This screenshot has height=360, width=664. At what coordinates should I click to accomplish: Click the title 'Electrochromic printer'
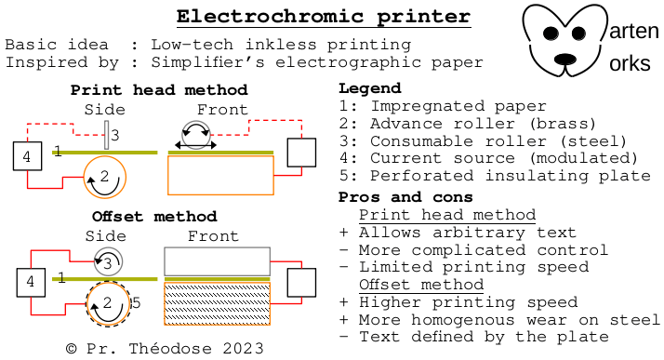point(324,17)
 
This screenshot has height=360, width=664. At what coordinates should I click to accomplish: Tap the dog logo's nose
point(565,59)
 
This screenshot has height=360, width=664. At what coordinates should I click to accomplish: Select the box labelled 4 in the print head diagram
point(28,156)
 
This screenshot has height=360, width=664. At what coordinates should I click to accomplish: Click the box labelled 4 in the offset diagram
point(31,283)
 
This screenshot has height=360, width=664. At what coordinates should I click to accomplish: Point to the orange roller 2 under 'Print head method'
point(104,177)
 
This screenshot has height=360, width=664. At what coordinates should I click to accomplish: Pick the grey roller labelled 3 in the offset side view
point(108,262)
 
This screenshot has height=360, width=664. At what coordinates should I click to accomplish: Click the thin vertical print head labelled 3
point(106,135)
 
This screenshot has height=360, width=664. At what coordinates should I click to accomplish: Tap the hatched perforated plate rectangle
point(218,304)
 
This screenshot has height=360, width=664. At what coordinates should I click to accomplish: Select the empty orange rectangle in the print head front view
point(220,175)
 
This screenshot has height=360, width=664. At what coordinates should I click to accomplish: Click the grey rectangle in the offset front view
point(218,261)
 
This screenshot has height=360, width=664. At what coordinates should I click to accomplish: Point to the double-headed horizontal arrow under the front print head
point(195,145)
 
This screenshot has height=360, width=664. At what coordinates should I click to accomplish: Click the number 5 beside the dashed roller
point(136,303)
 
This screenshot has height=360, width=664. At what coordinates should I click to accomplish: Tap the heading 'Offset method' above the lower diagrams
point(154,217)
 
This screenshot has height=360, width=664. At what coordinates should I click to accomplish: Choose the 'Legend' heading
point(370,88)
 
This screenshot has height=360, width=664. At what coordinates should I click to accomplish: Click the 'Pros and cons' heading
point(405,197)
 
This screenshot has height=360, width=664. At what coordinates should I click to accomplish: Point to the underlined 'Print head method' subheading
point(447,215)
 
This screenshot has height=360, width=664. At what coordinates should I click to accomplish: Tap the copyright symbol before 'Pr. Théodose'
point(71,349)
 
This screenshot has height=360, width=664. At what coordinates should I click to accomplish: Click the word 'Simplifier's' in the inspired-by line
point(208,62)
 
